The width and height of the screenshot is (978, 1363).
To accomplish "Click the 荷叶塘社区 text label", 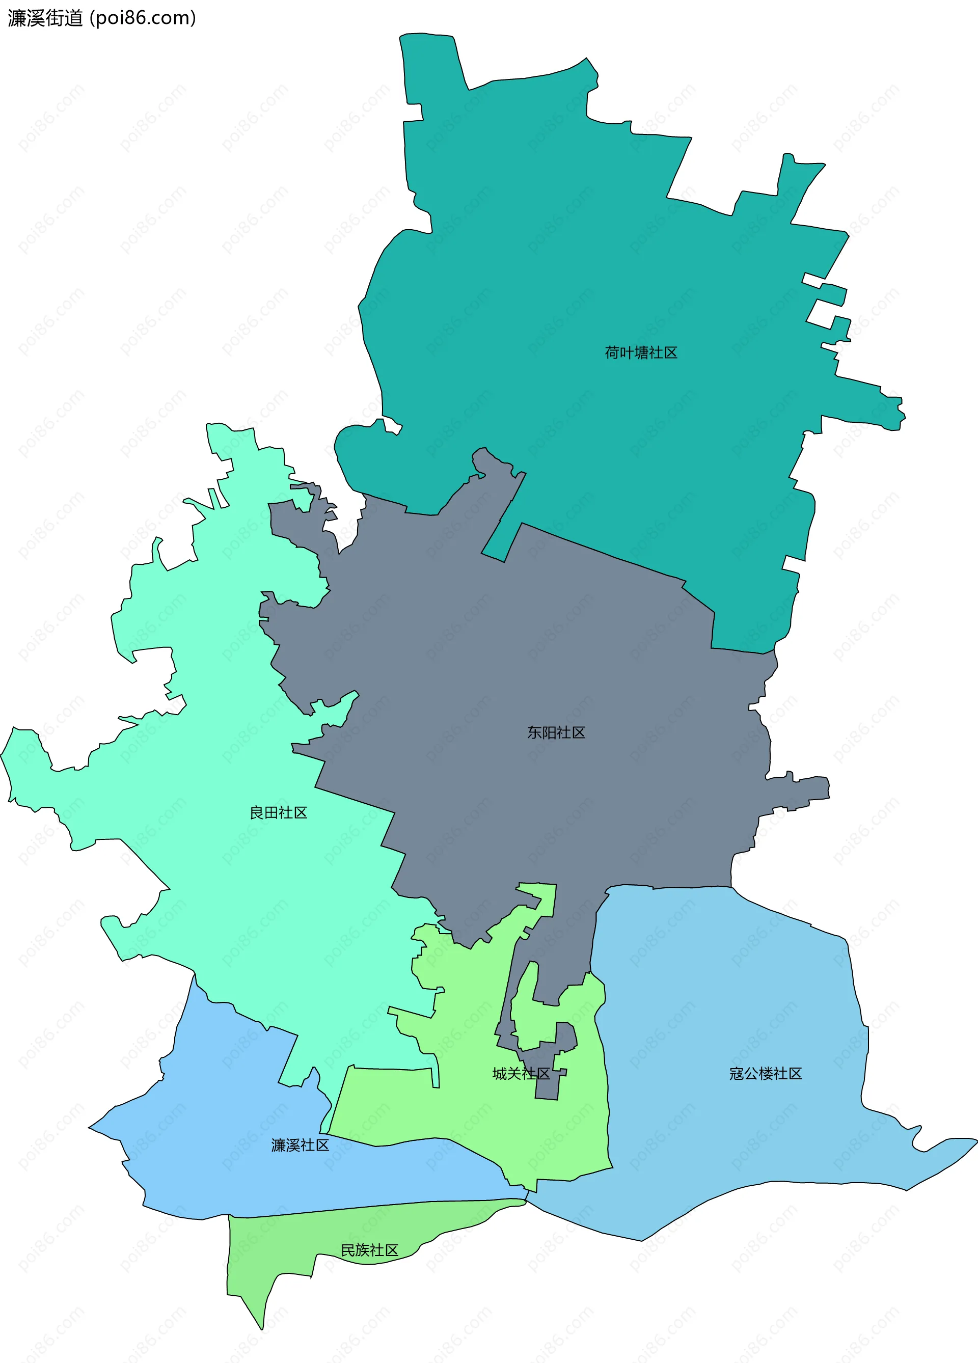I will [x=641, y=353].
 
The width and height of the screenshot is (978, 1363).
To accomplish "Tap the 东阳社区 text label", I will [x=556, y=732].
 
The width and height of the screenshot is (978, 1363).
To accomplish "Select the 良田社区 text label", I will [x=278, y=813].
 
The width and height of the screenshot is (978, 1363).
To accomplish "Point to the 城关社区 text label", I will [x=521, y=1074].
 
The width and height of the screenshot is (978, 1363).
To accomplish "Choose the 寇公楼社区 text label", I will [x=765, y=1074].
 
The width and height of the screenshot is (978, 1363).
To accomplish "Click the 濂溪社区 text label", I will [x=300, y=1146].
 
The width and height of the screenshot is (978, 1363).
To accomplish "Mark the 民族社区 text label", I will [x=370, y=1250].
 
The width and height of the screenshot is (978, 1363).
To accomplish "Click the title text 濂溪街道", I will [x=45, y=18].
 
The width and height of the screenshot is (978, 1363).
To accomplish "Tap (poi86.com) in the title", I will [x=143, y=18].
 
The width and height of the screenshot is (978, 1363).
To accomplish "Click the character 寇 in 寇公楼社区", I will [x=737, y=1074].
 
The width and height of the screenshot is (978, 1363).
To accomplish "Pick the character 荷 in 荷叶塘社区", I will [x=612, y=353].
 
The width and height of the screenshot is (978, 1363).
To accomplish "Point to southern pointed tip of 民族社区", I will [x=262, y=1329].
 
